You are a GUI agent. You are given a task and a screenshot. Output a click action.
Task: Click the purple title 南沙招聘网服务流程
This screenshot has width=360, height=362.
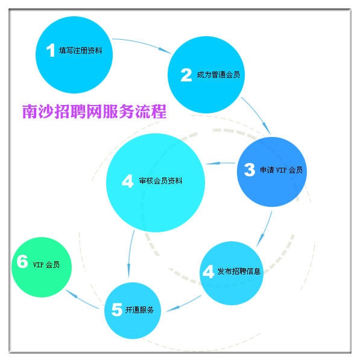point(94,112)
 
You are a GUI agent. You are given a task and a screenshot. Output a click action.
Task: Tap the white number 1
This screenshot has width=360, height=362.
point(51,50)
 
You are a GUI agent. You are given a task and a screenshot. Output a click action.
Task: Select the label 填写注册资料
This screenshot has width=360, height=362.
point(81,50)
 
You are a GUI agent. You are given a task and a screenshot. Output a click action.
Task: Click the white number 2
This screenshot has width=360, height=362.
point(186,75)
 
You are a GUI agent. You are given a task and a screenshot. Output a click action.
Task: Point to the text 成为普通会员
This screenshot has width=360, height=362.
point(218,75)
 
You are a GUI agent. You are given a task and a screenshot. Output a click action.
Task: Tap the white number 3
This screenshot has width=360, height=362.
point(250,170)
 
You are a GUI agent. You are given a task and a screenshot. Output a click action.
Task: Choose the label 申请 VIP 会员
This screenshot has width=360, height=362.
point(282,170)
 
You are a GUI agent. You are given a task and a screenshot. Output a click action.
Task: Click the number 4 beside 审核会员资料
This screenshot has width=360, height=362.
point(128,181)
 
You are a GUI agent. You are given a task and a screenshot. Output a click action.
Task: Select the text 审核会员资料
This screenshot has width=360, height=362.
point(160,181)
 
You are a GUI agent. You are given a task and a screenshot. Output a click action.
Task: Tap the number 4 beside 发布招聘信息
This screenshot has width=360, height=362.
point(209,271)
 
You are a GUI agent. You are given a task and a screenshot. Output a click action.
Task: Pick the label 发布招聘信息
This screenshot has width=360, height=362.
point(239,271)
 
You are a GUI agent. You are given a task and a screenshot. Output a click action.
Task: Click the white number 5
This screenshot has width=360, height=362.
point(117,310)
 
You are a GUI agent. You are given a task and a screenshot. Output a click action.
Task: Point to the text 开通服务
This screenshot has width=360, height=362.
point(139,310)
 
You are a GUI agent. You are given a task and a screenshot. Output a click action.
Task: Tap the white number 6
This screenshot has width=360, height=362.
point(22,261)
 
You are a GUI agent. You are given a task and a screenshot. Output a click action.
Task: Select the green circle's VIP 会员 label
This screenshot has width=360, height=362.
point(46,265)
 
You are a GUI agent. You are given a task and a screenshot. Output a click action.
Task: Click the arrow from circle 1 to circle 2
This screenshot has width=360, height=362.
point(142,44)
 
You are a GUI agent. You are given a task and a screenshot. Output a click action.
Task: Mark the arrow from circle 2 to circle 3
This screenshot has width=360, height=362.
point(257,115)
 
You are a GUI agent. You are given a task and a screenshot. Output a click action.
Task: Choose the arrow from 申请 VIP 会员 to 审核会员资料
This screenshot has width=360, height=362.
point(220,164)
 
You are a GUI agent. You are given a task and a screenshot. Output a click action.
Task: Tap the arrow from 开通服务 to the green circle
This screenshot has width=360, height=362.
point(81,299)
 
